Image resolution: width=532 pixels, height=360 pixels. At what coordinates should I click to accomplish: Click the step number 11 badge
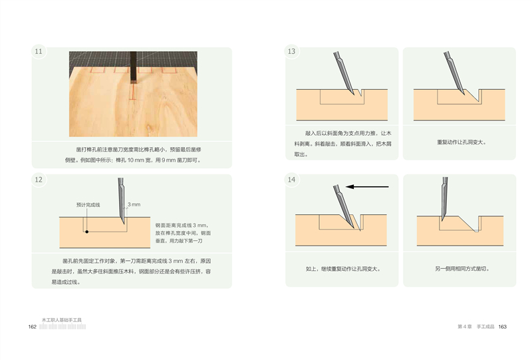coord(39,51)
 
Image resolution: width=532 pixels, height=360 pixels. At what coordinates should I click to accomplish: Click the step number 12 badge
coord(39,180)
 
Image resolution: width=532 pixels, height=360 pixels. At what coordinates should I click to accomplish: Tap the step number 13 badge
coord(291,51)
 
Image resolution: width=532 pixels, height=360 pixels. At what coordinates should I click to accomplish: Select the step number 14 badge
coord(291,180)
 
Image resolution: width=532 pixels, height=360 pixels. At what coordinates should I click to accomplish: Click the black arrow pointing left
coord(367,186)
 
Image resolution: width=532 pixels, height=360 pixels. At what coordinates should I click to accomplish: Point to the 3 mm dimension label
coord(134,204)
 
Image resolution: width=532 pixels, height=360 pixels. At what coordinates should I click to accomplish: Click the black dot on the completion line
coord(87,232)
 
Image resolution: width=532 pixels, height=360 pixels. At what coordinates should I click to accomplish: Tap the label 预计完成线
coord(88,205)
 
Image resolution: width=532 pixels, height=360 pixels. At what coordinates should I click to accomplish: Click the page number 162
coord(32,327)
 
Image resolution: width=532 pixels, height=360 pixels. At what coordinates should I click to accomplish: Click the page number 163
coord(503,327)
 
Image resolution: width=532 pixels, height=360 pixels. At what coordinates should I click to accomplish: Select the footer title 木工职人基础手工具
coord(62,320)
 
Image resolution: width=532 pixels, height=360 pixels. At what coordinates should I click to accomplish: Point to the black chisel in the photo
coord(133,67)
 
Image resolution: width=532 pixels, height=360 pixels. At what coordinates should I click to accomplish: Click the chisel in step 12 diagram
coord(122,200)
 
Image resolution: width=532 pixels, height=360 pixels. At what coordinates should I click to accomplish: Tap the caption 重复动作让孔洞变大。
coord(462,142)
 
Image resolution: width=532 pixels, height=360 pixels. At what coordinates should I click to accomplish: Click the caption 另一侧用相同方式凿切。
coord(462,269)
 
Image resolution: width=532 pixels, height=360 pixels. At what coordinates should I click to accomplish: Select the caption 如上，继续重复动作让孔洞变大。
coord(343,269)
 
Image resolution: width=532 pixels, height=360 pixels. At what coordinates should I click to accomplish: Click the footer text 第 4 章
coord(464,327)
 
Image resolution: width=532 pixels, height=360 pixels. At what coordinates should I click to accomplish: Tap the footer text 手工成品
coord(485,327)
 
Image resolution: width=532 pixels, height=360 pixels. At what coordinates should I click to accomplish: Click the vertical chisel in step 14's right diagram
coord(444,199)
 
